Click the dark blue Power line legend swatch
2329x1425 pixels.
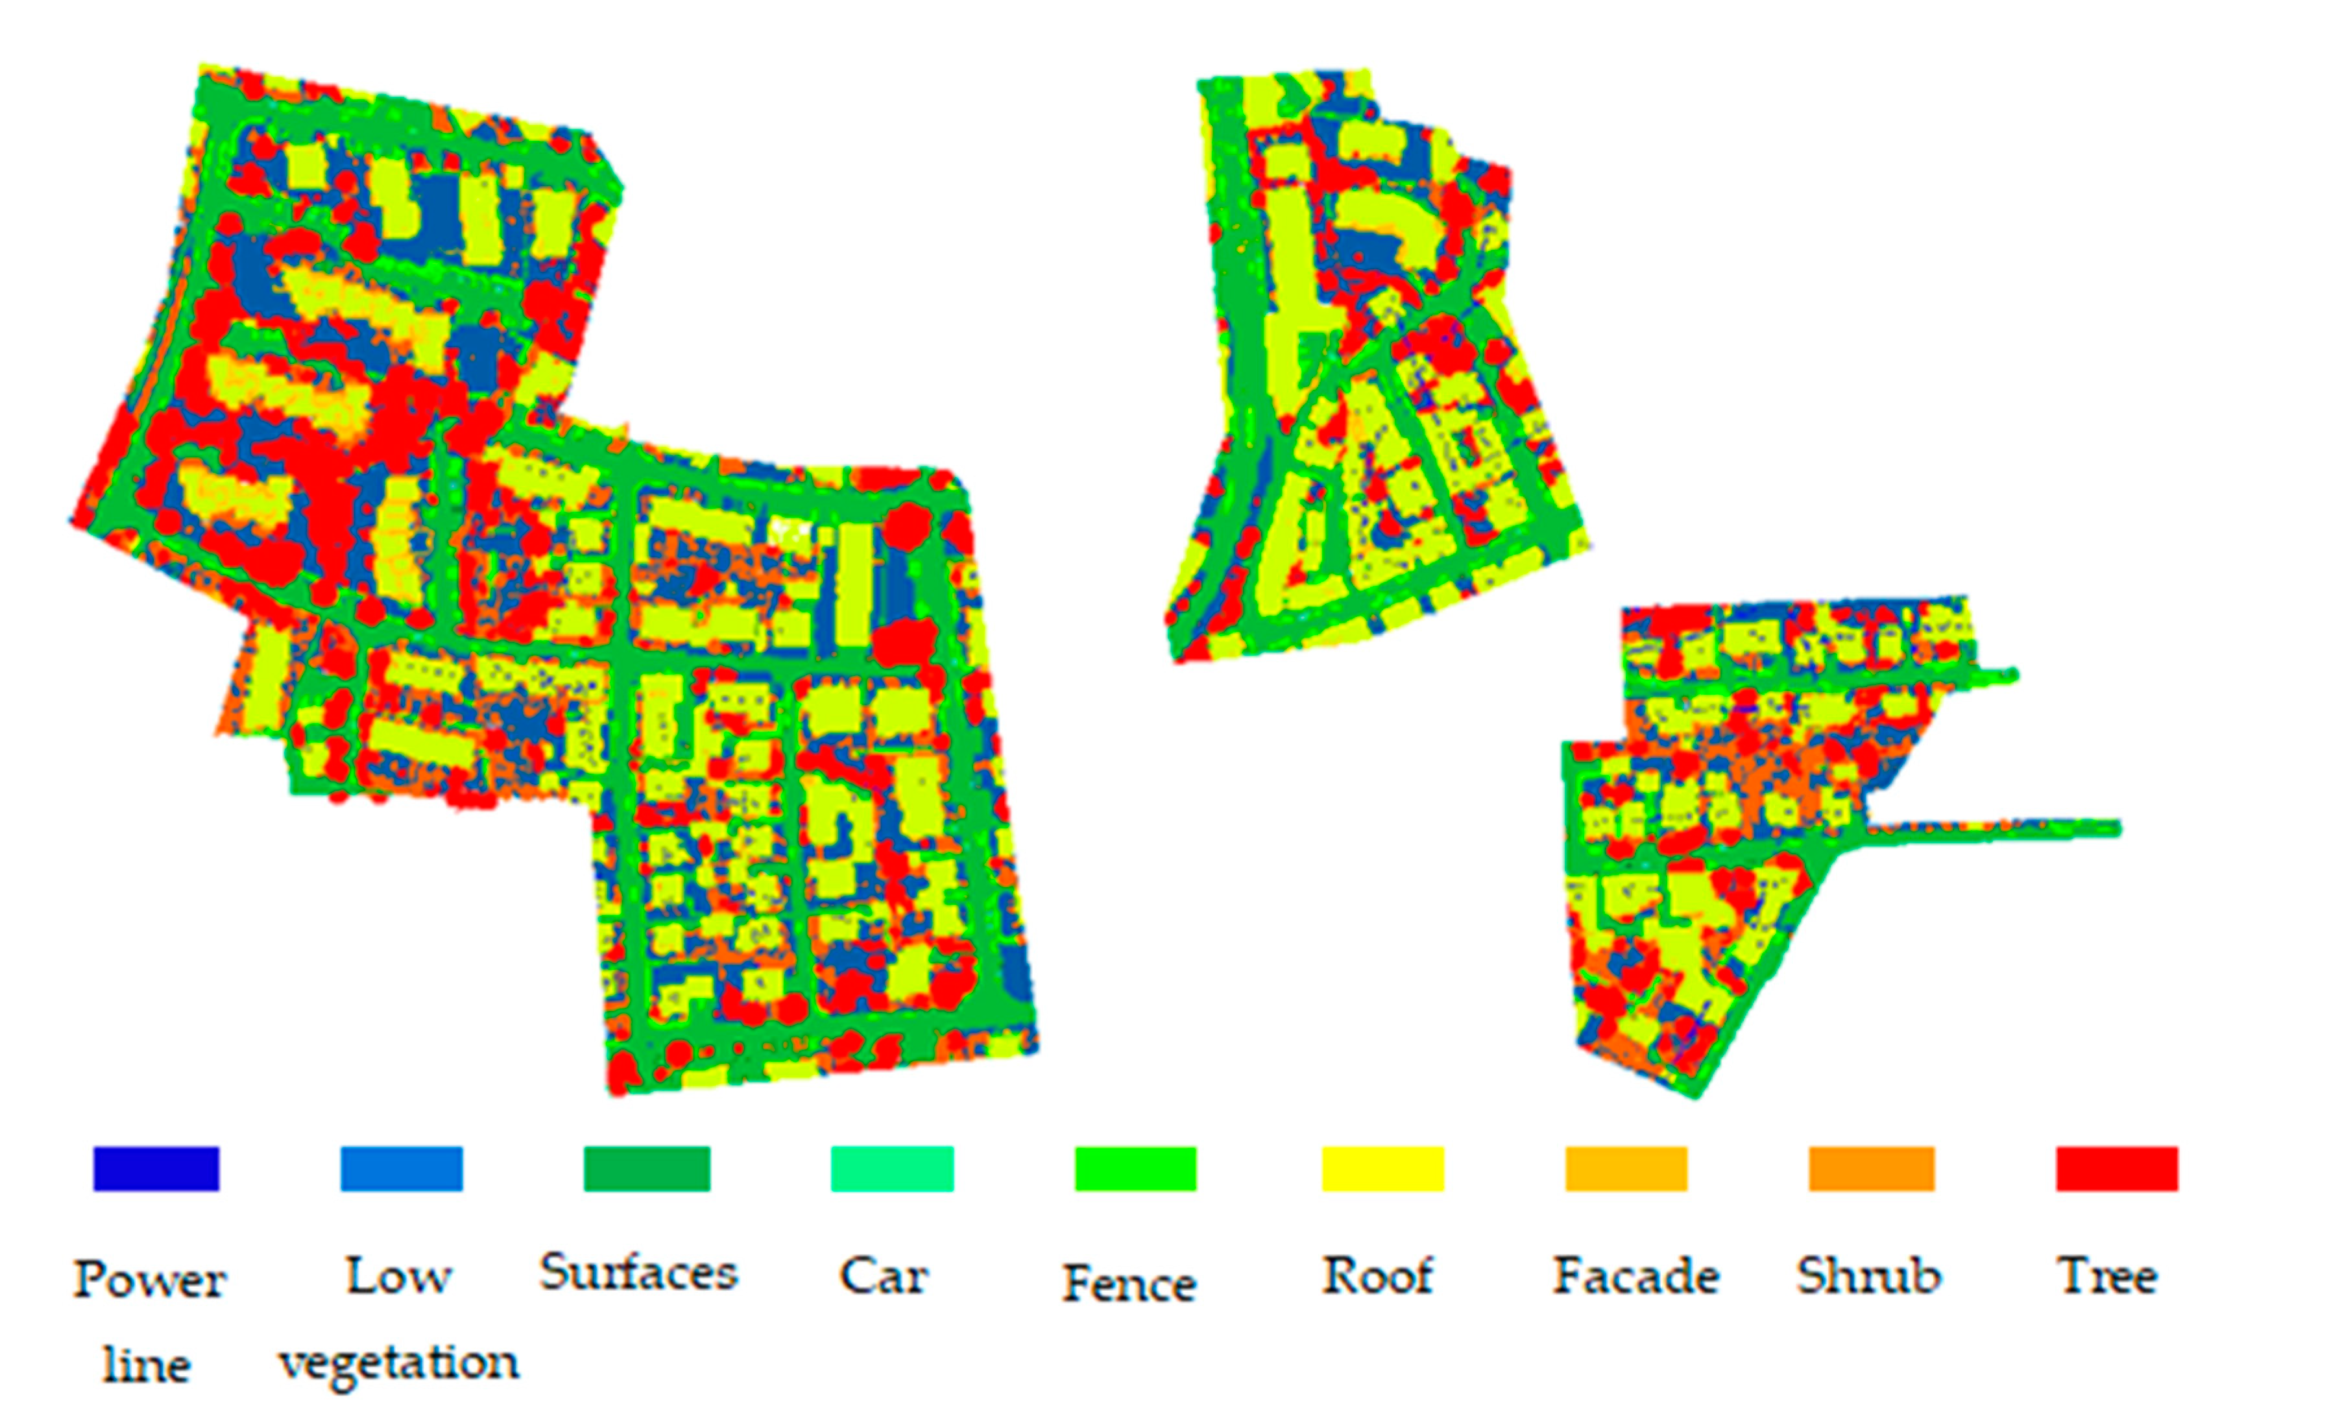point(156,1169)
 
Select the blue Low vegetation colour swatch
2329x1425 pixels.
point(402,1169)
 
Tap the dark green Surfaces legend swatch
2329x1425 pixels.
point(647,1169)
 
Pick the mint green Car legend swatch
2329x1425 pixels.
point(892,1169)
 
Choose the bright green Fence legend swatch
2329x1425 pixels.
point(1136,1169)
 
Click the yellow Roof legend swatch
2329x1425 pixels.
point(1383,1169)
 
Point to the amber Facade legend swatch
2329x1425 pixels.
point(1626,1169)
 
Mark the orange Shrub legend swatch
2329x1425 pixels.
point(1872,1169)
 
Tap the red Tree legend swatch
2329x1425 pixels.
point(2118,1169)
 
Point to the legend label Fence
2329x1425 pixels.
point(1129,1283)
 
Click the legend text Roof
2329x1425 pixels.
point(1377,1276)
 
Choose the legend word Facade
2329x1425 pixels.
point(1636,1276)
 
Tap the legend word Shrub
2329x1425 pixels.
point(1868,1276)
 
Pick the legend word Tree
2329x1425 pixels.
point(2108,1276)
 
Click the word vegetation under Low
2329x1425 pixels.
point(399,1363)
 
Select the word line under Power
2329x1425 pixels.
point(147,1365)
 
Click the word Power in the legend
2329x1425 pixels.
point(149,1280)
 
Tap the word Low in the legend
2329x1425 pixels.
point(399,1276)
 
